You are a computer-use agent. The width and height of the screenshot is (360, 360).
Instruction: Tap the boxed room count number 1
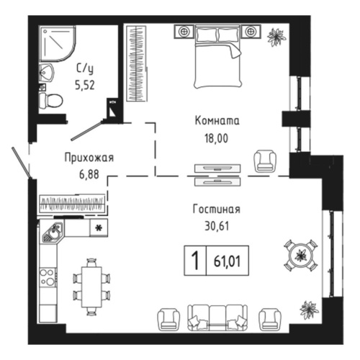[x=193, y=259]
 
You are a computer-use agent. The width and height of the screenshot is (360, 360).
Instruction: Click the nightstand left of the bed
[x=184, y=31]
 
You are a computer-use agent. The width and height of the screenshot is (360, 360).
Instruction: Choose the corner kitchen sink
[x=51, y=233]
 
